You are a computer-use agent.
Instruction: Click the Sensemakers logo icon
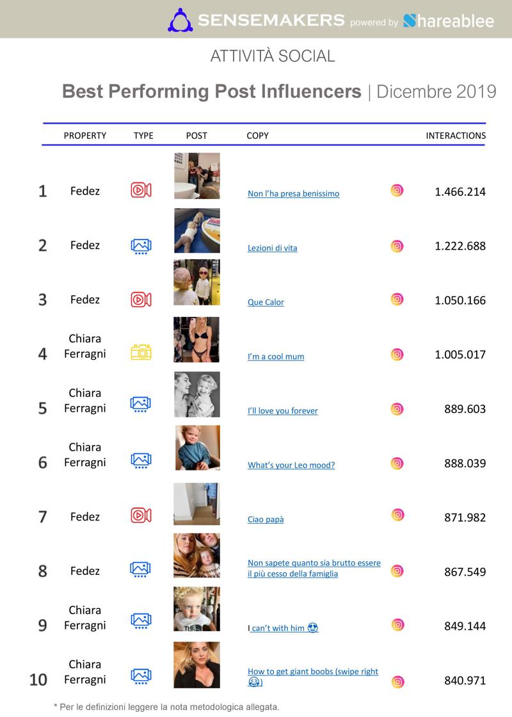[180, 20]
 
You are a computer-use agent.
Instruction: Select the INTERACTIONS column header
[456, 136]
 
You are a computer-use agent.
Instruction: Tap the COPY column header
[257, 136]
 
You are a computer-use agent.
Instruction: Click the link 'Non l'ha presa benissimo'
[294, 193]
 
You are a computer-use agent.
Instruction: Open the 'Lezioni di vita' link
[273, 248]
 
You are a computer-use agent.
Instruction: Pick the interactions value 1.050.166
[460, 300]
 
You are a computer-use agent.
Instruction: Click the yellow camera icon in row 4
[141, 352]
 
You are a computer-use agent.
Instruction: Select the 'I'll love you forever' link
[282, 410]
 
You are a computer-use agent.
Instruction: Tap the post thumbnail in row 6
[198, 447]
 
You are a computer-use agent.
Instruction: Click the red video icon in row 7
[141, 515]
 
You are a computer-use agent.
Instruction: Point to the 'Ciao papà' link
[266, 519]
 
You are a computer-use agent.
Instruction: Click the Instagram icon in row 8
[397, 570]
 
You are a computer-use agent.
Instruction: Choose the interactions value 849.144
[465, 626]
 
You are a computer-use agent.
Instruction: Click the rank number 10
[38, 680]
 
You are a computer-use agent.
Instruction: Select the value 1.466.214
[460, 191]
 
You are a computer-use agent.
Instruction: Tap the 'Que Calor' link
[266, 302]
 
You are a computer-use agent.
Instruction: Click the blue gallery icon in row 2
[141, 246]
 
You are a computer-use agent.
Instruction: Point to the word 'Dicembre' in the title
[413, 92]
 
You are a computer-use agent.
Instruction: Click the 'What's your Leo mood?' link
[291, 465]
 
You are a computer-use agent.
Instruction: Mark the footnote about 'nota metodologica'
[166, 707]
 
